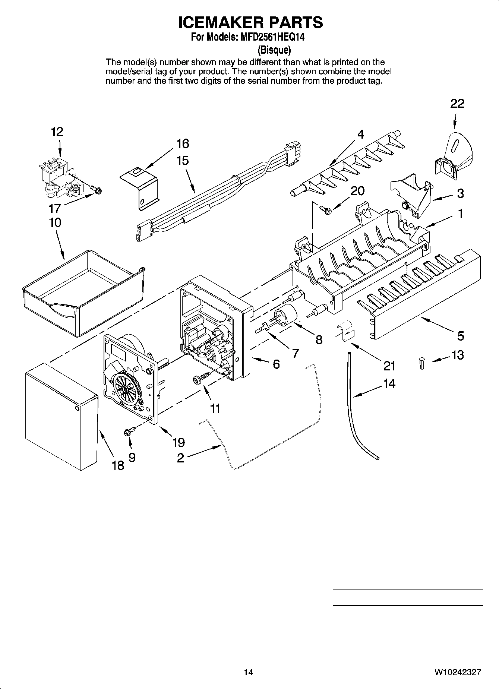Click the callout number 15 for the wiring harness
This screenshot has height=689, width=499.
(183, 161)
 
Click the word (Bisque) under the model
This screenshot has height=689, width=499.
(274, 50)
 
